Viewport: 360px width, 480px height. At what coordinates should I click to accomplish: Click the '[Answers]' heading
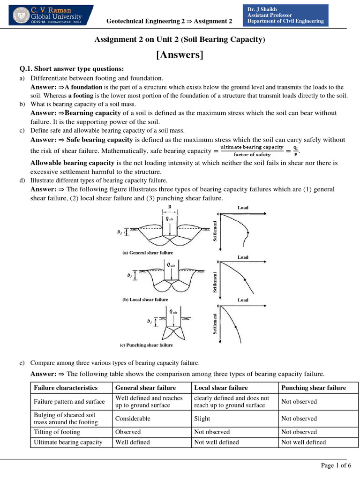(180, 55)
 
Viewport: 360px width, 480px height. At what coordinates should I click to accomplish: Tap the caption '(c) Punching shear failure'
(146, 345)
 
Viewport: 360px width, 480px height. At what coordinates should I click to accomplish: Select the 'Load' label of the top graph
(243, 208)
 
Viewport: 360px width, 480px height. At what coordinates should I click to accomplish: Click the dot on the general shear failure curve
(247, 233)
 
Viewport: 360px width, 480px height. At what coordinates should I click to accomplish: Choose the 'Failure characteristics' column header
(66, 388)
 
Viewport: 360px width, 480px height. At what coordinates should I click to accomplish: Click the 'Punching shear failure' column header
(313, 388)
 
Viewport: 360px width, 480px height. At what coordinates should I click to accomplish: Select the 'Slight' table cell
(202, 419)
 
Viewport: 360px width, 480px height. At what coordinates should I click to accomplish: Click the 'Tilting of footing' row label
(57, 432)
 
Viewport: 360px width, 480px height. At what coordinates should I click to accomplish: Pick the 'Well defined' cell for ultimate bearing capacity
(133, 442)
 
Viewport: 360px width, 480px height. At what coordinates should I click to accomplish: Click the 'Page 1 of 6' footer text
(336, 465)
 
